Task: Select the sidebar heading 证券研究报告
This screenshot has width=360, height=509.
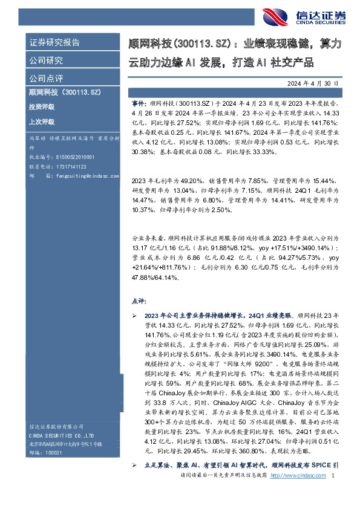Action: [x=55, y=43]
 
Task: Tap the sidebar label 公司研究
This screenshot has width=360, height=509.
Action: [x=47, y=60]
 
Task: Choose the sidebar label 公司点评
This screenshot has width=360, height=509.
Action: [x=47, y=78]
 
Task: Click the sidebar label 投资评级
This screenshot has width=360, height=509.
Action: [x=41, y=106]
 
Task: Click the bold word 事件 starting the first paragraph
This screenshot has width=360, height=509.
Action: [x=138, y=104]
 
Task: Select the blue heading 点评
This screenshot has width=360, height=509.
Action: [x=138, y=300]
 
